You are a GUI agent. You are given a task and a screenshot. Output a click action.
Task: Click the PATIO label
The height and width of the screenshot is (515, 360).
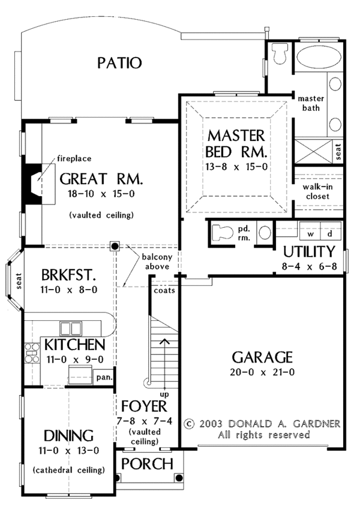120,62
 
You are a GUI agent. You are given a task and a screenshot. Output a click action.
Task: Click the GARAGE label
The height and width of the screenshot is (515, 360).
263,357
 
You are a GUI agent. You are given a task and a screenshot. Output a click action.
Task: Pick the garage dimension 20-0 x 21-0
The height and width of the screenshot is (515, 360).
263,373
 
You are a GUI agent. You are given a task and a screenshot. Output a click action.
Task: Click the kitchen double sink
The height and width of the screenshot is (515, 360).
70,329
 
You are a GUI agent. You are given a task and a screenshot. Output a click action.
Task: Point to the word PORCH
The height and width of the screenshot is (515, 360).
147,463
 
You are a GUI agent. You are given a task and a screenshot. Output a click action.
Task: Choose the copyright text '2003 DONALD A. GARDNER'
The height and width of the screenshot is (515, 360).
268,423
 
